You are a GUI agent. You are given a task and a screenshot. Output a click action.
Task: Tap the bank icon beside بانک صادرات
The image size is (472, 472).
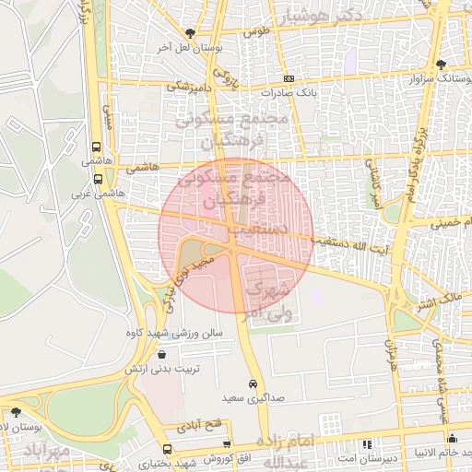coord(289,79)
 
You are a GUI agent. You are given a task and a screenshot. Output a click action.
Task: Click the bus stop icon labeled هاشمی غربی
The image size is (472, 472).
coord(98,179)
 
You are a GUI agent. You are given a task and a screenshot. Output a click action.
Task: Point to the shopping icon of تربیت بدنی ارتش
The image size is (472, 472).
coord(162,354)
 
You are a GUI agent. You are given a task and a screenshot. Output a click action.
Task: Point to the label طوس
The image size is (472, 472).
coord(255,32)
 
